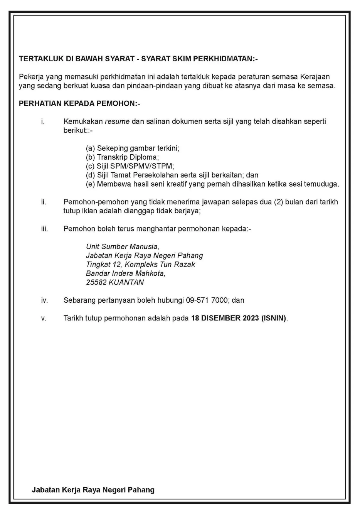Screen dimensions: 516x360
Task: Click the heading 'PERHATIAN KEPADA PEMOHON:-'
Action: tap(80, 104)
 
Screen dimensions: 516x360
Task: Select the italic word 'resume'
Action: tap(117, 121)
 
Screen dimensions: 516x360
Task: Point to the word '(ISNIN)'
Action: tap(274, 318)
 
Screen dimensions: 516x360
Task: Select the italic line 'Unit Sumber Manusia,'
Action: tap(123, 246)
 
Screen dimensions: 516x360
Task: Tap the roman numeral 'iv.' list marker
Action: tap(44, 300)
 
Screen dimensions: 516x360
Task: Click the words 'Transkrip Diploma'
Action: tap(127, 157)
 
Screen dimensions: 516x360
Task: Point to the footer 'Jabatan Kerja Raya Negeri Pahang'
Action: tap(93, 490)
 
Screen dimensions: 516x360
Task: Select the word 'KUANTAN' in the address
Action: tap(126, 282)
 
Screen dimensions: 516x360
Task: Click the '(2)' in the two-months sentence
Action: tap(278, 202)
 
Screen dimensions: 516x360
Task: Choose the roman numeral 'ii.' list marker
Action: tap(44, 202)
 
